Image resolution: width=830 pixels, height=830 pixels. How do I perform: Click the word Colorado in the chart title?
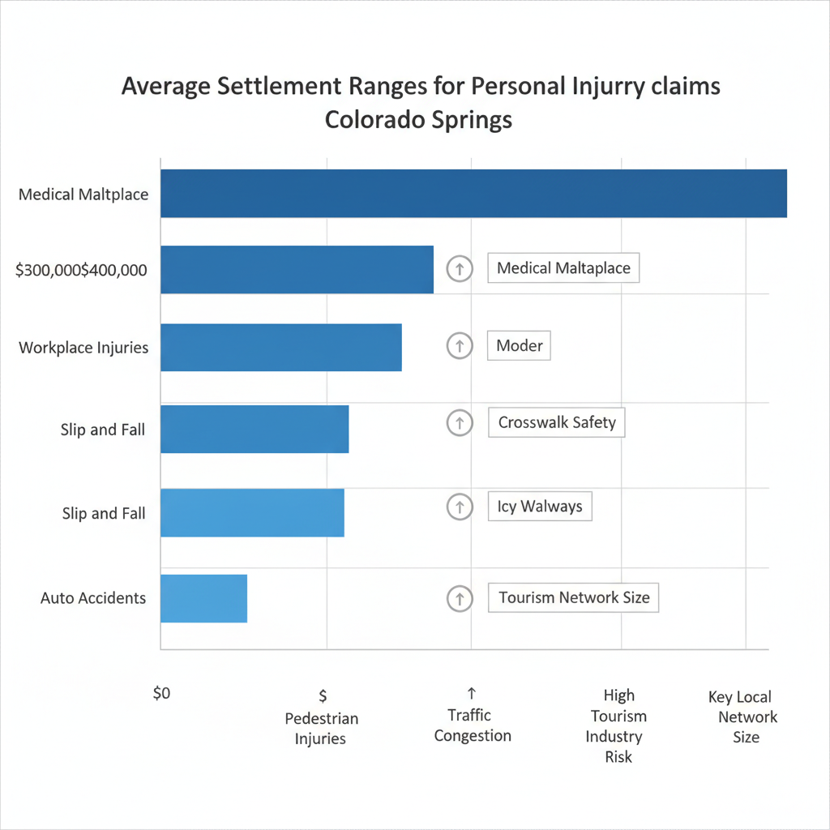click(370, 119)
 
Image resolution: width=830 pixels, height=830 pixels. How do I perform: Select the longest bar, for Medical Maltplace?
click(473, 194)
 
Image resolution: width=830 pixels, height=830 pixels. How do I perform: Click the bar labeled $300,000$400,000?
click(297, 269)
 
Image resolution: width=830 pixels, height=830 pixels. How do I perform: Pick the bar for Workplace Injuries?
click(280, 347)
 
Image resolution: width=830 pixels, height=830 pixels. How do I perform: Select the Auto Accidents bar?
click(203, 598)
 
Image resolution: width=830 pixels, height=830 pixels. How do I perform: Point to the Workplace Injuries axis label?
click(83, 348)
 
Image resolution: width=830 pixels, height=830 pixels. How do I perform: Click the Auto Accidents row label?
click(93, 598)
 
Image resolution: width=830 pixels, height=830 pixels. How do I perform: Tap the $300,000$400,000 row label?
click(81, 271)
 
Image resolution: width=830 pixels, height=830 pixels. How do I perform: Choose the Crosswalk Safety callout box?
click(557, 422)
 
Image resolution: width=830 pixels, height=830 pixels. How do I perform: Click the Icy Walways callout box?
click(540, 507)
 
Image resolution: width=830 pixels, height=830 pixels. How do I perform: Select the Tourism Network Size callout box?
click(574, 598)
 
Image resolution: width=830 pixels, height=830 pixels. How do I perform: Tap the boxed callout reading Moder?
click(520, 345)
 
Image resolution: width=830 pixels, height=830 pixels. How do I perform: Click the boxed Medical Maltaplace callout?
click(563, 267)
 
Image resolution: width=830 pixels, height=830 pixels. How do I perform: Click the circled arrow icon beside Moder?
click(460, 346)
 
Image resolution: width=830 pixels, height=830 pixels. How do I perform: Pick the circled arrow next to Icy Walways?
click(460, 507)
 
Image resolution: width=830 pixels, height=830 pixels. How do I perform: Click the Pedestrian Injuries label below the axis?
click(321, 728)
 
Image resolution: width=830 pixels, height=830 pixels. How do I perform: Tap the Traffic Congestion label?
click(473, 725)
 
